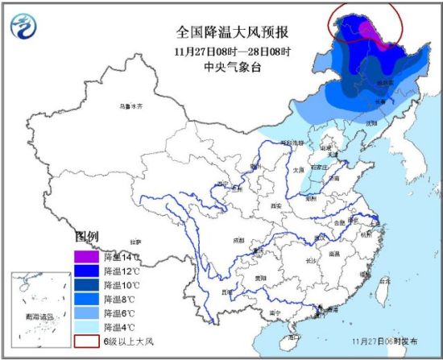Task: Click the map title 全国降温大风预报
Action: point(233,33)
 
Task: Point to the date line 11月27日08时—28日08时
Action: point(233,51)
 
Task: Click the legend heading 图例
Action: point(86,238)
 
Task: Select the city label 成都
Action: point(239,239)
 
